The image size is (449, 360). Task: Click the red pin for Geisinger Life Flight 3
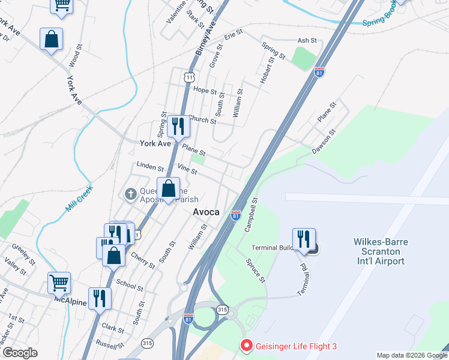(246, 346)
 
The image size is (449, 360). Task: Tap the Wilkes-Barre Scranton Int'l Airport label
(379, 251)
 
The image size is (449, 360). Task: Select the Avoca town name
(206, 212)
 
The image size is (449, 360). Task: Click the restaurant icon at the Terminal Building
(304, 239)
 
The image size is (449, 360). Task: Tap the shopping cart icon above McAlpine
(59, 283)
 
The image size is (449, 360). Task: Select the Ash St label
(307, 40)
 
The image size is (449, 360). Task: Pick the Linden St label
(150, 166)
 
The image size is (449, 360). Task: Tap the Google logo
(20, 352)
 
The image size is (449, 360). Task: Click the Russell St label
(109, 346)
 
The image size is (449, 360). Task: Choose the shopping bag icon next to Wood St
(52, 39)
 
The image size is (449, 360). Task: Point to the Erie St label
(233, 35)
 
